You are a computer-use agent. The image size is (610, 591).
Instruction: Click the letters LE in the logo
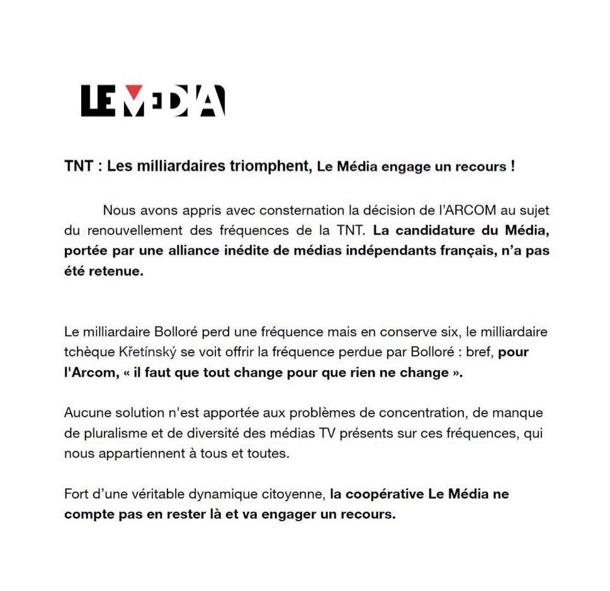tap(98, 101)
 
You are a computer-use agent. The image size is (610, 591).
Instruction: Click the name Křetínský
tap(140, 352)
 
